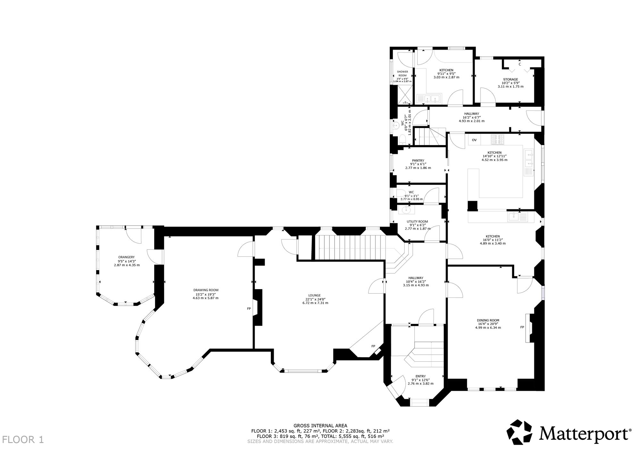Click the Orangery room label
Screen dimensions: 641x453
126,257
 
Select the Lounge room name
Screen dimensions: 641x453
315,295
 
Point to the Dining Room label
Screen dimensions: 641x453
488,320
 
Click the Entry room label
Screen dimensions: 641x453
420,376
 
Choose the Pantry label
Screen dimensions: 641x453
418,160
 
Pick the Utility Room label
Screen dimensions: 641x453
417,222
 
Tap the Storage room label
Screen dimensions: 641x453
510,79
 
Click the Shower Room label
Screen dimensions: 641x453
402,74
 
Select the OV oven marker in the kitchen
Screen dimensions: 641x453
474,140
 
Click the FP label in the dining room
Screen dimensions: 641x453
522,327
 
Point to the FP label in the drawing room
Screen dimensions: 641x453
249,309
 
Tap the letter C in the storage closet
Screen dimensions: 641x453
520,64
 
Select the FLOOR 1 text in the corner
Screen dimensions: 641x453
23,439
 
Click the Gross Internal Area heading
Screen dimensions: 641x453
320,426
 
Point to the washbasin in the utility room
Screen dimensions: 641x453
405,210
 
